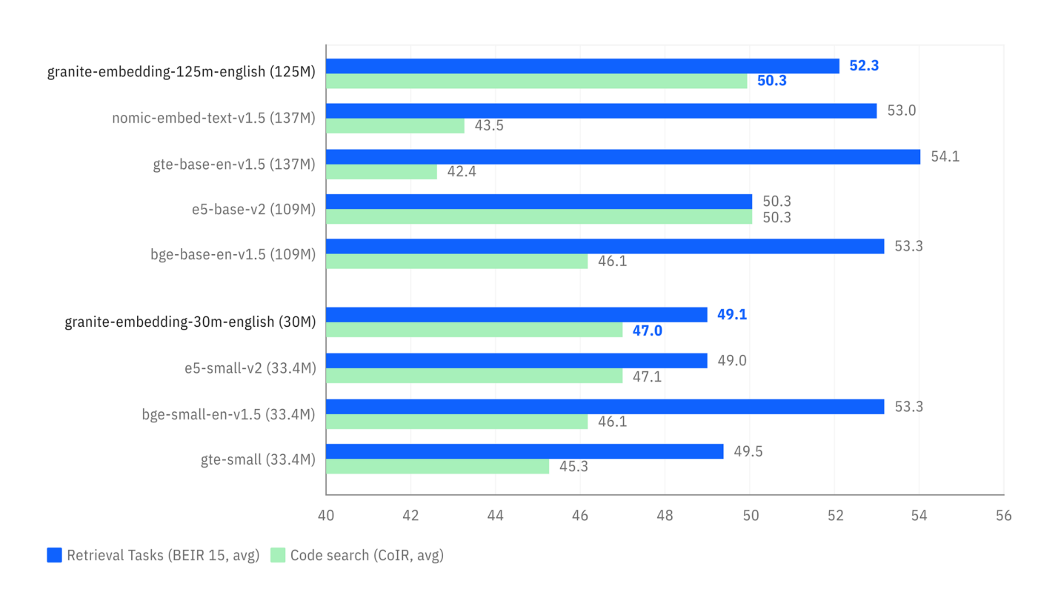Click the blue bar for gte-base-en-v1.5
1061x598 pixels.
(x=622, y=156)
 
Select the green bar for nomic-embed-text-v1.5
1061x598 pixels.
(x=395, y=126)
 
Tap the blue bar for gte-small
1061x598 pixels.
(x=525, y=451)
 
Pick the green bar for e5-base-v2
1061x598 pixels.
(x=539, y=216)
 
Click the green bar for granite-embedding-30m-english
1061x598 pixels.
(x=474, y=330)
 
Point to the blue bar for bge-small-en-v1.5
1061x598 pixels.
(x=605, y=406)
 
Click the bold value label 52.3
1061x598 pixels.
(x=864, y=66)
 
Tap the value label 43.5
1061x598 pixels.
(x=489, y=126)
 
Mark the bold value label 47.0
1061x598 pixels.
(x=647, y=330)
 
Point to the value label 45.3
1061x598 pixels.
(x=573, y=467)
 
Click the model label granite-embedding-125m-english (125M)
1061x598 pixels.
(x=182, y=73)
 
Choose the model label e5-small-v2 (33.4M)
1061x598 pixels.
(x=250, y=368)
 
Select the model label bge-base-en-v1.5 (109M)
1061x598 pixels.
(x=233, y=254)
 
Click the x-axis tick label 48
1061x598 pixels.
(x=665, y=515)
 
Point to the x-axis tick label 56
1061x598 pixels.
(x=1003, y=515)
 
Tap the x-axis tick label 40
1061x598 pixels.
(x=326, y=515)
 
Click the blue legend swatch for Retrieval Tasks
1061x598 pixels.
(x=54, y=555)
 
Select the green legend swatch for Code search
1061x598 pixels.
(x=278, y=555)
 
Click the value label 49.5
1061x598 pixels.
(x=748, y=451)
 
